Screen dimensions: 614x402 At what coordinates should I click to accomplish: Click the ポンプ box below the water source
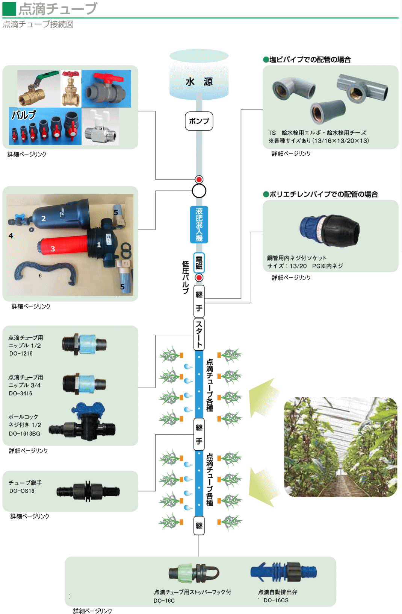(199, 121)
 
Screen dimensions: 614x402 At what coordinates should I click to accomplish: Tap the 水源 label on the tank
(199, 82)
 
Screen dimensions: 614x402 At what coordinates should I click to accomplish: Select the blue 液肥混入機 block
(199, 224)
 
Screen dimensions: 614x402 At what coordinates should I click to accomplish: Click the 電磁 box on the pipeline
(199, 263)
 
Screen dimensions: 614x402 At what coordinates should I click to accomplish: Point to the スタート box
(199, 334)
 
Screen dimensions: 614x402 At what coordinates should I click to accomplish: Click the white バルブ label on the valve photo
(24, 115)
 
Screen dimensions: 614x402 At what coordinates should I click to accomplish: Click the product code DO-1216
(21, 354)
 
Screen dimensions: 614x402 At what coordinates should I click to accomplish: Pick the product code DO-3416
(21, 394)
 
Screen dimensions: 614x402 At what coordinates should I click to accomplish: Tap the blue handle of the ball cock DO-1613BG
(89, 409)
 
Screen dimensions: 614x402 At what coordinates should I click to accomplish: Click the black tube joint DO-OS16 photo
(88, 491)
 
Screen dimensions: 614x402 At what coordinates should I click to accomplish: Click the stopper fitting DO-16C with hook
(194, 573)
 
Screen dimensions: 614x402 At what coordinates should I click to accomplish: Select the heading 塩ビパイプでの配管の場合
(310, 59)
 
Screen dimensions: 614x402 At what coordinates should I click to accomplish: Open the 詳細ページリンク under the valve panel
(27, 154)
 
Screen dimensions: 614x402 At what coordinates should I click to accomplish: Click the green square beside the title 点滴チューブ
(9, 9)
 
